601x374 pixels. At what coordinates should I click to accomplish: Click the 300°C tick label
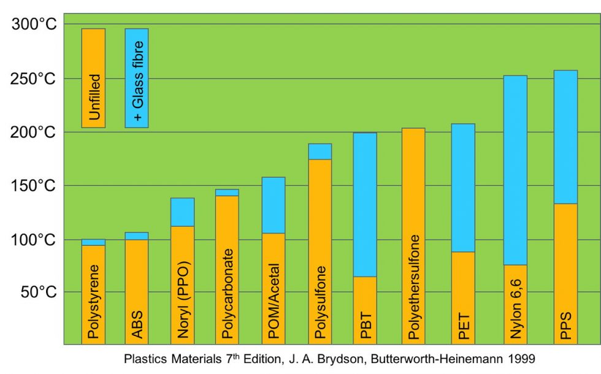(34, 25)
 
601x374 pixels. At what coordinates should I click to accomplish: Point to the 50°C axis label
(38, 292)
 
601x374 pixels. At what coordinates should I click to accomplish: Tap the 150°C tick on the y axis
(34, 186)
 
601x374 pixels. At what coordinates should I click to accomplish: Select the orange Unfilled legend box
(93, 78)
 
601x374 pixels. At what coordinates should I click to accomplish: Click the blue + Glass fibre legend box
(136, 78)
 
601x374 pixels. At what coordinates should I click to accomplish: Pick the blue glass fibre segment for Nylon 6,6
(515, 170)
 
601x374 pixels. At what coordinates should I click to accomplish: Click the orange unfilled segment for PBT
(365, 310)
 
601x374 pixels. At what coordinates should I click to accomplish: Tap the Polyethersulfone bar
(413, 236)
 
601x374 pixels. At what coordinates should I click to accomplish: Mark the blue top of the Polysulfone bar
(320, 151)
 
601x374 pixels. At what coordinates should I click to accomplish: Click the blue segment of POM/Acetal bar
(274, 205)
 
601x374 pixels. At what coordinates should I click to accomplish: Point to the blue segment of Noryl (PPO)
(182, 212)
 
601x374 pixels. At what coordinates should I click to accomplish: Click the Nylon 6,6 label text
(515, 310)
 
